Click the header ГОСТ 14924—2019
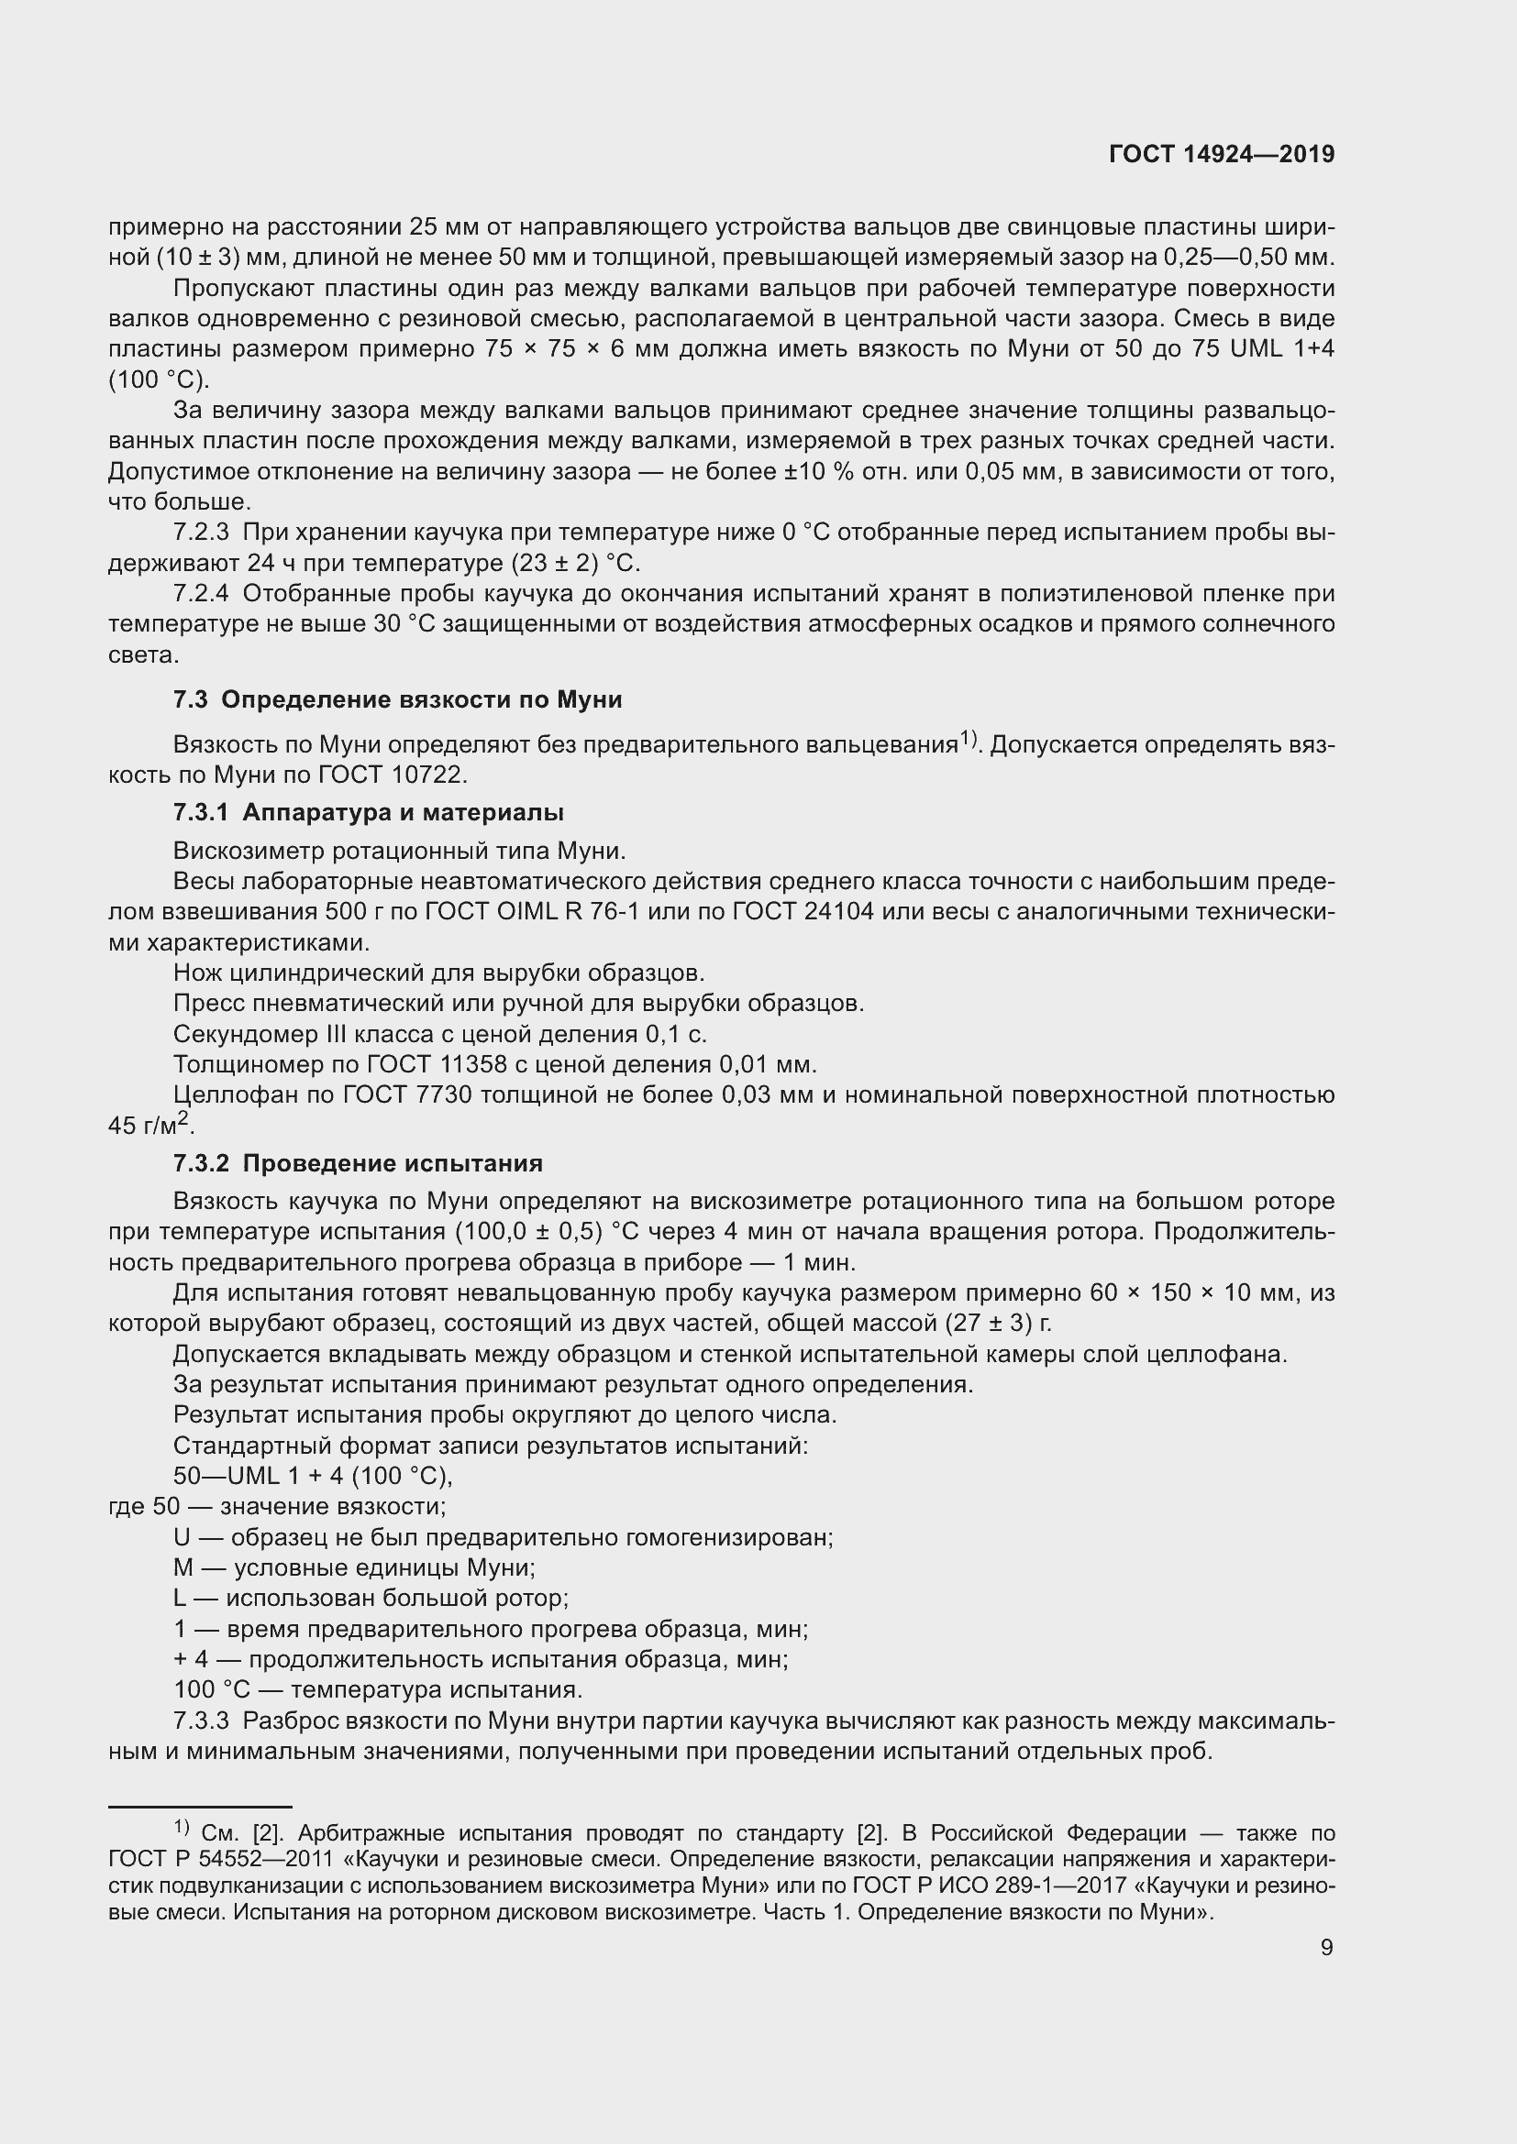pos(1221,154)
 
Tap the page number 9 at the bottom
pos(1326,1947)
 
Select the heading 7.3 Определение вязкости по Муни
pos(397,699)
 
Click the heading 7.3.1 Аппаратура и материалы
pos(368,812)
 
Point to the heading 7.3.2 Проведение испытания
pos(358,1163)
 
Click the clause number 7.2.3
pos(201,533)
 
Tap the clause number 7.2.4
pos(201,594)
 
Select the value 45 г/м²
pos(149,1126)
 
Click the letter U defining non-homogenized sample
pos(183,1538)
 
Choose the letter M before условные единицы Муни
pos(183,1568)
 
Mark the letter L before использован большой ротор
pos(182,1599)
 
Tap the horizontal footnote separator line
pos(200,1807)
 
